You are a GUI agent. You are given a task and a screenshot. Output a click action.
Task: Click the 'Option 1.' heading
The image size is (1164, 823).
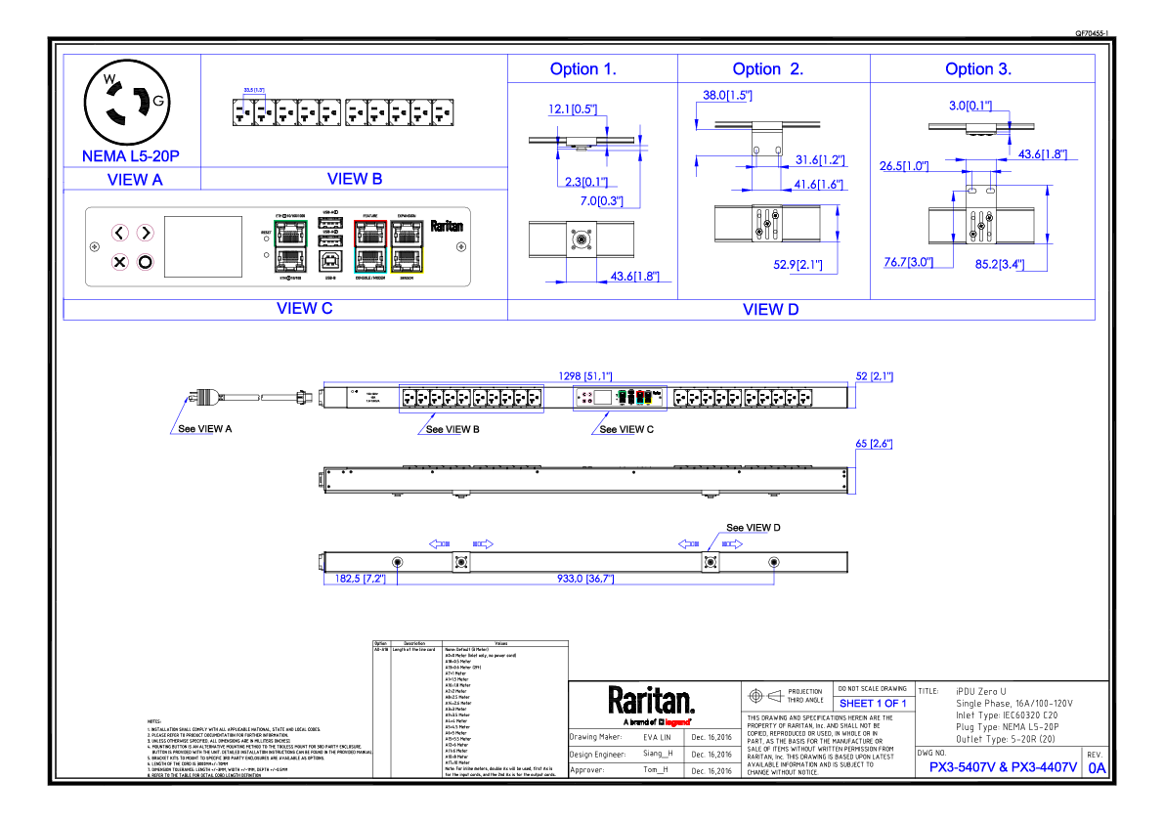(582, 69)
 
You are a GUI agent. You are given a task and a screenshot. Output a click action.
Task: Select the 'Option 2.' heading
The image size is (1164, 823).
(767, 69)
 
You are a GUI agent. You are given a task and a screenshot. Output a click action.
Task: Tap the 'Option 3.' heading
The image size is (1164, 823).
(978, 69)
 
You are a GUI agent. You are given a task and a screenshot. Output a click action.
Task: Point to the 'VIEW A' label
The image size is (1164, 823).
(135, 180)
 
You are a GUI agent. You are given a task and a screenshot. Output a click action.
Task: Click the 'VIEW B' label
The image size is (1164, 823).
(355, 179)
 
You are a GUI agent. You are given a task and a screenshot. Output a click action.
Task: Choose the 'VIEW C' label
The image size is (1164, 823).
(304, 309)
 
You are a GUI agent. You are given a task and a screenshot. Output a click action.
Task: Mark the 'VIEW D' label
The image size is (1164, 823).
(770, 310)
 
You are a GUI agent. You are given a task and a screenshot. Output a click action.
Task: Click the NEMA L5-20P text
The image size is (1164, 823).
(131, 156)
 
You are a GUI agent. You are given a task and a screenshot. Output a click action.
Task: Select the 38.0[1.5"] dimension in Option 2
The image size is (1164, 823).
(727, 96)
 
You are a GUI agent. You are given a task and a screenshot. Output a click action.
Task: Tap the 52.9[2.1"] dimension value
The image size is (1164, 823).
(798, 265)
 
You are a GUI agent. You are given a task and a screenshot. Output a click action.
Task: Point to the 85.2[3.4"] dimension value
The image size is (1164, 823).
(999, 264)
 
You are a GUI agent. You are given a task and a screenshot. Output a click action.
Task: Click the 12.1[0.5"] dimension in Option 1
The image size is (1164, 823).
(573, 109)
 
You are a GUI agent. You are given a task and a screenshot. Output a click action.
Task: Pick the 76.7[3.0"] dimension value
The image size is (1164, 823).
(908, 263)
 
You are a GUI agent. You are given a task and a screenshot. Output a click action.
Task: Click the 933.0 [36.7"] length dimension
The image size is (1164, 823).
(585, 579)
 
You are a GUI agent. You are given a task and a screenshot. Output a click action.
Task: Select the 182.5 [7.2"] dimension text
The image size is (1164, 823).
(361, 579)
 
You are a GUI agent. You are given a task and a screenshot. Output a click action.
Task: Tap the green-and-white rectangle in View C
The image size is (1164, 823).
(290, 246)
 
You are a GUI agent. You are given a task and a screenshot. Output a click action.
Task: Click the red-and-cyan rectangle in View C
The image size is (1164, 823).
(370, 246)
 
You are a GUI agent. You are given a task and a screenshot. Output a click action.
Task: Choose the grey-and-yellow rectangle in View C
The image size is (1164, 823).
(407, 246)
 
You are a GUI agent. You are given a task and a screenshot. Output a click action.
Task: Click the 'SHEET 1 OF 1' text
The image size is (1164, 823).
(873, 704)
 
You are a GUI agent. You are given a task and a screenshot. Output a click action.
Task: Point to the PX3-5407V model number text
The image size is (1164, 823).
(961, 768)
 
